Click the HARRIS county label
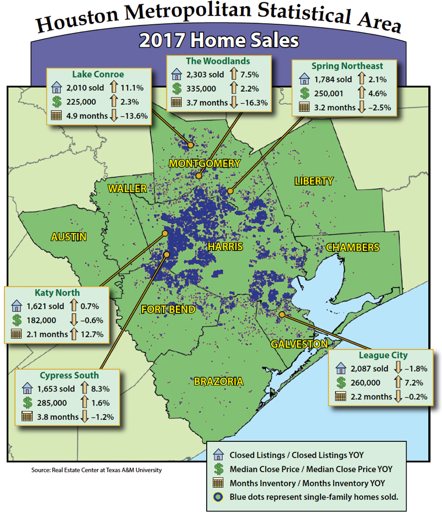click(225, 246)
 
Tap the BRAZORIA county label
click(218, 381)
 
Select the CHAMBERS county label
click(352, 247)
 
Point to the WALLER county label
click(127, 188)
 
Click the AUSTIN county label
click(69, 237)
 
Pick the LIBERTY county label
click(313, 181)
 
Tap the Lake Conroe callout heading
click(98, 74)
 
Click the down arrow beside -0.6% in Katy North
click(73, 320)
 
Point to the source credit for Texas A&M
click(97, 470)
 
